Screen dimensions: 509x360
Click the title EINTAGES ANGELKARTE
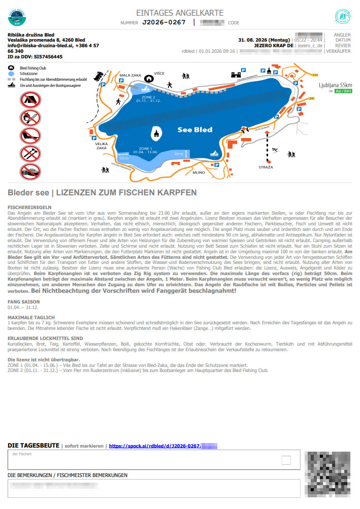click(x=180, y=12)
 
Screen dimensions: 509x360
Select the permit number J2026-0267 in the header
click(x=163, y=22)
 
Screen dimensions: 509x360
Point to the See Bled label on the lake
click(x=195, y=129)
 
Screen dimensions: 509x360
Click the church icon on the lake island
click(x=155, y=133)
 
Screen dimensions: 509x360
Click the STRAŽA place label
click(x=266, y=167)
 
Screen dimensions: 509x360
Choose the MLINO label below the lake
click(x=199, y=173)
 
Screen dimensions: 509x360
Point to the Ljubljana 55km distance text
click(x=335, y=85)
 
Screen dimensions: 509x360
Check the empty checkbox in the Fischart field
click(x=286, y=460)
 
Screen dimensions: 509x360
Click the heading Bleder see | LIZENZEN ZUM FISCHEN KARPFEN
click(x=102, y=193)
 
